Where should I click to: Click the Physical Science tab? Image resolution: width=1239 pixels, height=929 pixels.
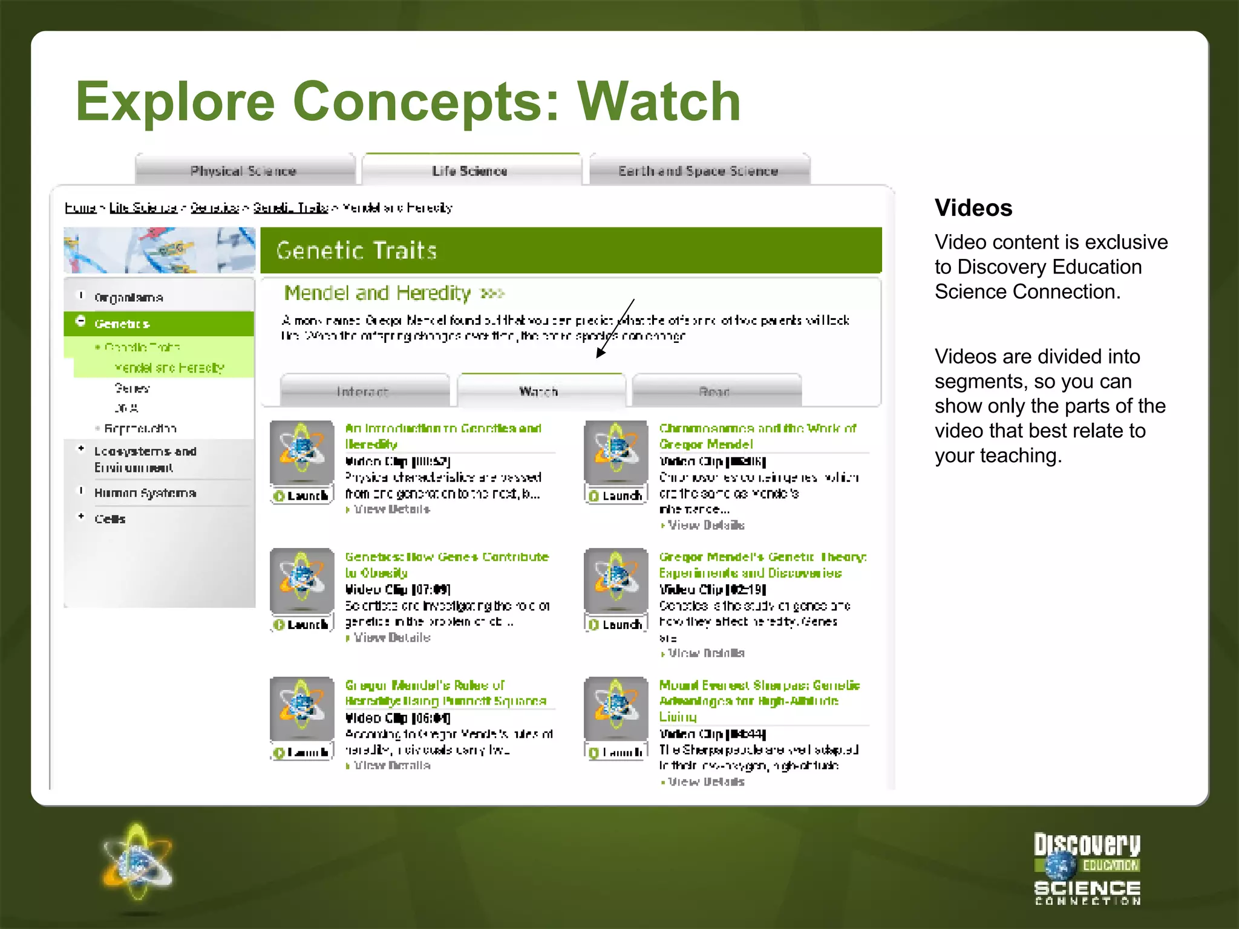point(244,171)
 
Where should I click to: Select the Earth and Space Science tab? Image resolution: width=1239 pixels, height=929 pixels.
point(698,171)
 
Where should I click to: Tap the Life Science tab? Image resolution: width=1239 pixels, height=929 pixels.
point(470,171)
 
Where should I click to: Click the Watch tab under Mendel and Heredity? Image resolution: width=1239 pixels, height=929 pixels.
point(539,391)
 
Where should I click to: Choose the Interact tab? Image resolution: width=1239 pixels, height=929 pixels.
point(363,391)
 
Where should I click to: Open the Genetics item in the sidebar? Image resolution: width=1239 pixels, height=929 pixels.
point(122,324)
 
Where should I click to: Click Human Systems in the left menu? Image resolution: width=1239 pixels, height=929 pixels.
point(145,493)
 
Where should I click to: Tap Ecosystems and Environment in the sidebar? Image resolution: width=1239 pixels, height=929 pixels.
point(145,459)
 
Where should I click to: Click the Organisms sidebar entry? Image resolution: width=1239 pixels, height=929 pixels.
point(128,298)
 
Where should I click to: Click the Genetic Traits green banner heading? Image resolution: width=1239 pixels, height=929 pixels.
point(357,250)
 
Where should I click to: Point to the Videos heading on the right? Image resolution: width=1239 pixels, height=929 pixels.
point(973,208)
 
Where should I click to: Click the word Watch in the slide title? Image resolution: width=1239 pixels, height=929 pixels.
point(659,102)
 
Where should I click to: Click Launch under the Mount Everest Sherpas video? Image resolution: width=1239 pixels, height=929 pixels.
point(616,752)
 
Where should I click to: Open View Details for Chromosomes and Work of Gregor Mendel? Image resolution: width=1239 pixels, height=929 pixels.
point(705,525)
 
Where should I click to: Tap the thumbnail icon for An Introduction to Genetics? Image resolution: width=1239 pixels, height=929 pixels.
point(302,452)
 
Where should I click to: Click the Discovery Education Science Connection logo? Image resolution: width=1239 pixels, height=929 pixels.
point(1087,869)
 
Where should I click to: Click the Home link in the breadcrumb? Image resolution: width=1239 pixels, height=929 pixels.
point(80,208)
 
